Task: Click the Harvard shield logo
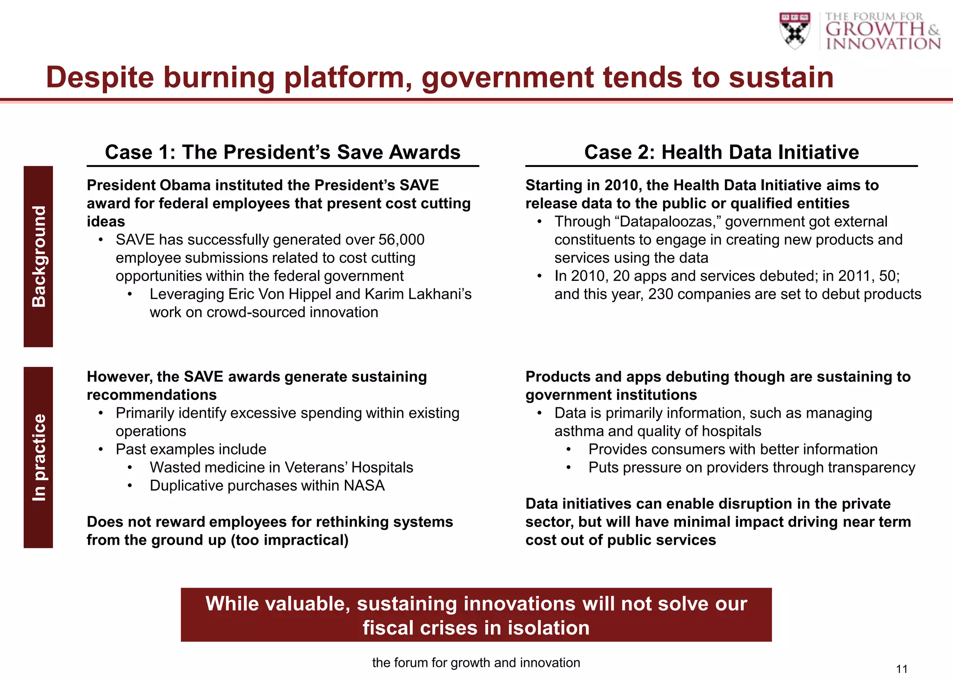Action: click(x=794, y=30)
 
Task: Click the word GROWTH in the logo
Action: click(x=875, y=29)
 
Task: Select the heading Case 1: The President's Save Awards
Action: click(x=282, y=152)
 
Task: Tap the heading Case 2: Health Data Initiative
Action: click(x=721, y=152)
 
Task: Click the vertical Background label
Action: click(x=39, y=256)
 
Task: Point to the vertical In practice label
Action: click(x=39, y=458)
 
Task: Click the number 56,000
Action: click(x=401, y=240)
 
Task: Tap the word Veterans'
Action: click(x=316, y=467)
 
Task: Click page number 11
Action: click(x=901, y=669)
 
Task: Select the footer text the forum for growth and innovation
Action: click(x=476, y=663)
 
